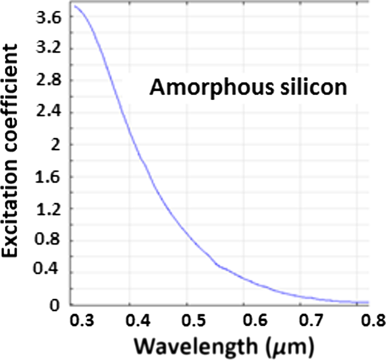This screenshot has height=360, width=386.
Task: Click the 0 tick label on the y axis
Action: tap(57, 305)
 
